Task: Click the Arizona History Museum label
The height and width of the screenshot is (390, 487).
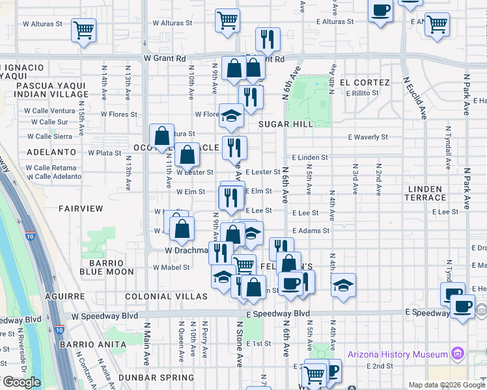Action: click(398, 354)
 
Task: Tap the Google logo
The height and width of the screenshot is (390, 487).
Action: click(21, 382)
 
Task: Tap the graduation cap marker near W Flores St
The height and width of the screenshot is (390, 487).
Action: click(230, 116)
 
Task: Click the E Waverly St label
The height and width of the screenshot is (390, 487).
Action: click(368, 137)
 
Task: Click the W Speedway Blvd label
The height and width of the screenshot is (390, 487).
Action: click(105, 316)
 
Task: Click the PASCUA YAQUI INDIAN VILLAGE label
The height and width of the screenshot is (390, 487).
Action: click(52, 90)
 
